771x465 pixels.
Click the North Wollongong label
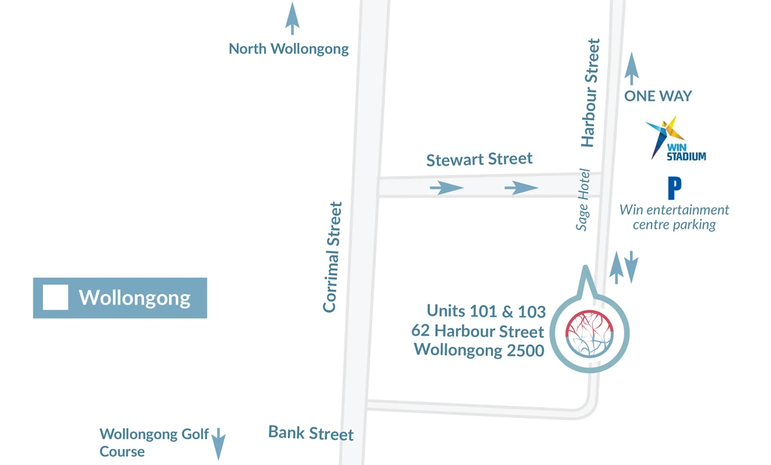288,49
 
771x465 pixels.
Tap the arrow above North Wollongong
292,19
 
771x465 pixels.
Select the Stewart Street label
479,159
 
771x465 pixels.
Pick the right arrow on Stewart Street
521,188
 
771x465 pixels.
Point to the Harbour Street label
590,93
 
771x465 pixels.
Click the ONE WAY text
658,96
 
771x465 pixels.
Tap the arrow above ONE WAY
632,69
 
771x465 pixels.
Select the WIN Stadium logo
675,139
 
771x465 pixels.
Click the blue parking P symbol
674,189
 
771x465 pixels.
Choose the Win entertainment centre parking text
674,217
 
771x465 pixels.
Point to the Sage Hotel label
583,200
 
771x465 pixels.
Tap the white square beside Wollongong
55,298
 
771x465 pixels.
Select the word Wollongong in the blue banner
134,298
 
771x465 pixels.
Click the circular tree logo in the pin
589,333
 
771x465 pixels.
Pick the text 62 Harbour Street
477,331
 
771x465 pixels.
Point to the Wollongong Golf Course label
154,443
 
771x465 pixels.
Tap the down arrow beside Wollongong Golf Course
218,443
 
